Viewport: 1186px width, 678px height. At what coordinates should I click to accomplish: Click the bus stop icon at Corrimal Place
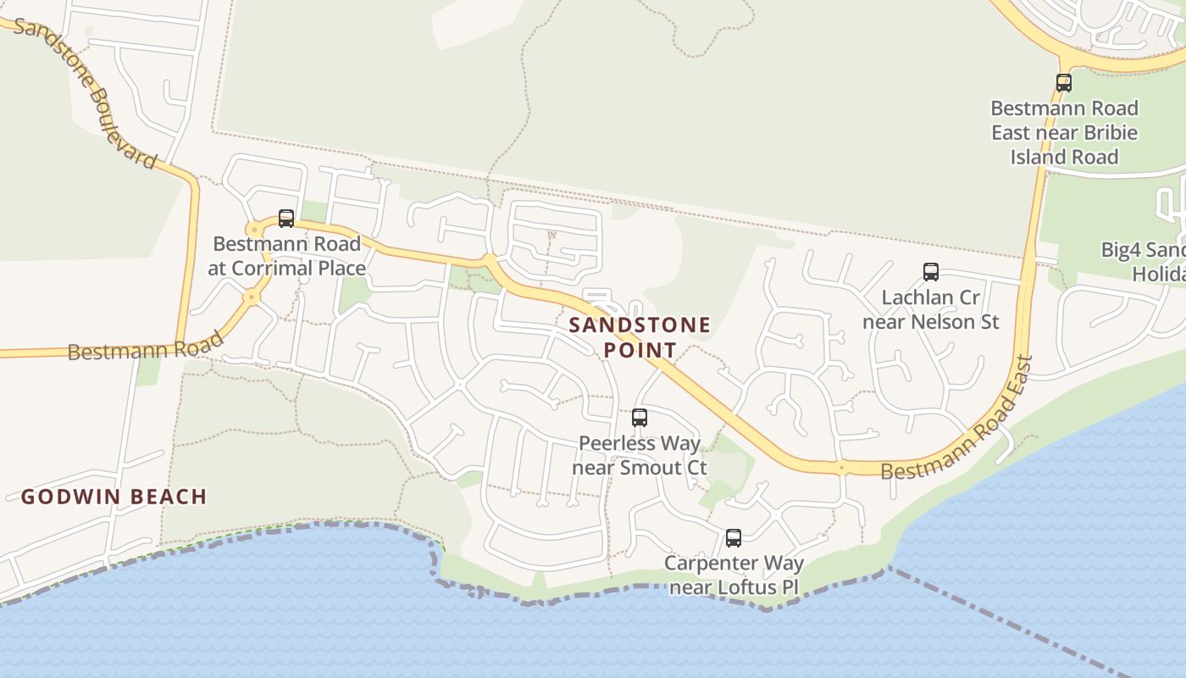(286, 219)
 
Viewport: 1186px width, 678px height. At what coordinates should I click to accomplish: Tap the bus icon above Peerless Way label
(640, 418)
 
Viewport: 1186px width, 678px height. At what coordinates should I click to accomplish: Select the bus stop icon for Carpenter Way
(734, 538)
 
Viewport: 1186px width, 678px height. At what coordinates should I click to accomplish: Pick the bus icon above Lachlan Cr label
(931, 272)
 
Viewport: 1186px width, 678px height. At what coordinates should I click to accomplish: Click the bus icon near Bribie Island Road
(1064, 83)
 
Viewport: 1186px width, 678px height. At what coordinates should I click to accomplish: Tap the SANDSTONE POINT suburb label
(640, 337)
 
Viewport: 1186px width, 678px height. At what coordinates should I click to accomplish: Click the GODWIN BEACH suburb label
(114, 497)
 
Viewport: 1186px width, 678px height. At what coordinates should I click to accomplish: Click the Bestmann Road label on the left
(145, 346)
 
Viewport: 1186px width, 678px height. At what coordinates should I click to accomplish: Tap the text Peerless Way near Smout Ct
(640, 455)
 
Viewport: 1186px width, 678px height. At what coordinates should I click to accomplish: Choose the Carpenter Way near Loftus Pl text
(734, 575)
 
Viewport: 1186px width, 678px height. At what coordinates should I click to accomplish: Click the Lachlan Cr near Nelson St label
(931, 309)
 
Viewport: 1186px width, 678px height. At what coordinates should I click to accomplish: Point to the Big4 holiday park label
(1144, 262)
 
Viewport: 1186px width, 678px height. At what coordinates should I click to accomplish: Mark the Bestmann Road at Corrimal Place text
(286, 256)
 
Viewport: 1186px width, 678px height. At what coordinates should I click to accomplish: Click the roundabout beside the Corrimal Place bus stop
(253, 230)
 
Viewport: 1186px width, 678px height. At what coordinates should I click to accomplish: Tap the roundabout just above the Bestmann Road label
(251, 297)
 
